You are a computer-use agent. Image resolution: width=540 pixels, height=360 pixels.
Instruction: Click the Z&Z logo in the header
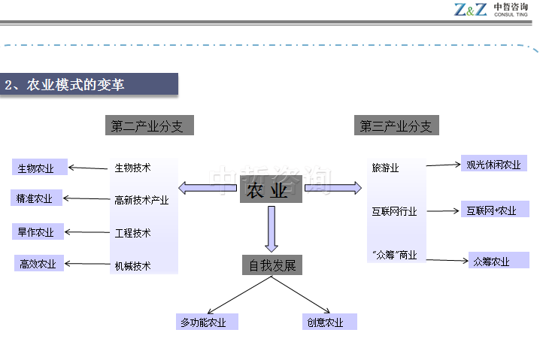(470, 9)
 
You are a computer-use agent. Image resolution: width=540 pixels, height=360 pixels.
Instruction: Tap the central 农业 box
(271, 190)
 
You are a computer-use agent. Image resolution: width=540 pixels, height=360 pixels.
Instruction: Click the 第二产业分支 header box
(147, 126)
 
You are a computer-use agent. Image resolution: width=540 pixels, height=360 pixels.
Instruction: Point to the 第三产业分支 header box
(396, 126)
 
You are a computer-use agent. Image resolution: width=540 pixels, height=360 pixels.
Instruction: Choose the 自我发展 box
(272, 265)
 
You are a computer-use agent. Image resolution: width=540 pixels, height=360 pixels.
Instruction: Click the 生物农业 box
(40, 167)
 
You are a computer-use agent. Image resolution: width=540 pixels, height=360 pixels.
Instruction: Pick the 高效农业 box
(38, 263)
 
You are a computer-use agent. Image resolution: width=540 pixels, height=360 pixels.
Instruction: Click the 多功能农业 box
(207, 322)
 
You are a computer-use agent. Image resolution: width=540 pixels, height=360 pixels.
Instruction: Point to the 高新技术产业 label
(141, 200)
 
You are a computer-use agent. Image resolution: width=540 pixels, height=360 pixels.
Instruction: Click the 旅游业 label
(385, 167)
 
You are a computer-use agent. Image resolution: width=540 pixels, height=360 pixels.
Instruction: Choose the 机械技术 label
(132, 265)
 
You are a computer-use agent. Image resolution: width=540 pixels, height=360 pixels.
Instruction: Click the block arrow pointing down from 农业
(272, 228)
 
